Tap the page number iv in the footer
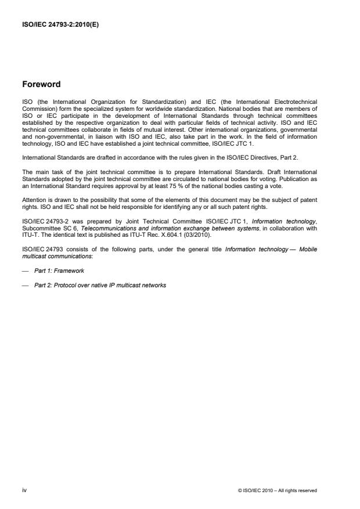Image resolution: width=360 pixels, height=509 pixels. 24,490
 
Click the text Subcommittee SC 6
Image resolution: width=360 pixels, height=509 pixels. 50,229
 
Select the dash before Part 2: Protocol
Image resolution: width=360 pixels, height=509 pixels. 25,285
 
